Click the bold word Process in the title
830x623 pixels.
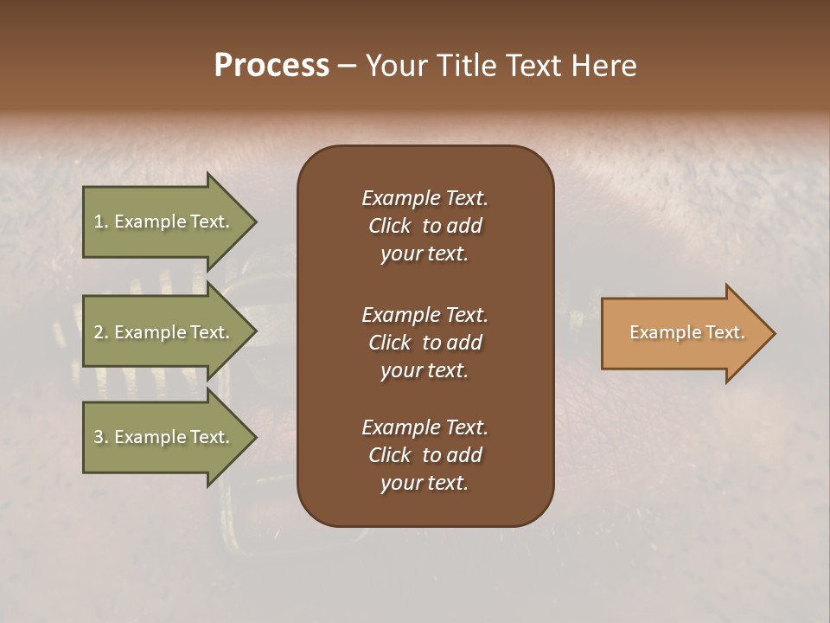(x=271, y=65)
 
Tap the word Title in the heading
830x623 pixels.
(x=463, y=65)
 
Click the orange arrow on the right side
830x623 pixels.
(x=683, y=332)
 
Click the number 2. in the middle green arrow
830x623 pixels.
(x=100, y=332)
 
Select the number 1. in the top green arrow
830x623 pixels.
(x=100, y=222)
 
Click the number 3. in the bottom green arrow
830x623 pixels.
(x=100, y=437)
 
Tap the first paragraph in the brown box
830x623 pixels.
(x=425, y=226)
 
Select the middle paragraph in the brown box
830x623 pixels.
(x=425, y=342)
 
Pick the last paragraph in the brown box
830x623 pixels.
(x=425, y=455)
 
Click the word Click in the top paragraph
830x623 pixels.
(x=390, y=226)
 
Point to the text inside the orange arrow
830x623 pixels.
(x=686, y=332)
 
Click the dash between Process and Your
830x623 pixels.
(x=347, y=66)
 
